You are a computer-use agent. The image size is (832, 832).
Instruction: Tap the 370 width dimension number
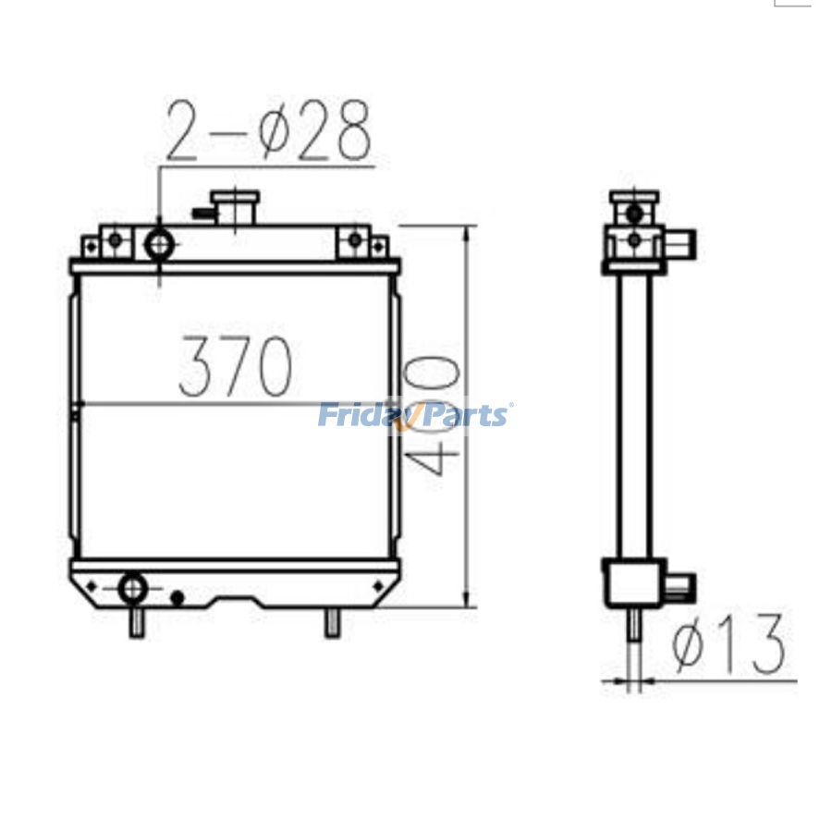236,367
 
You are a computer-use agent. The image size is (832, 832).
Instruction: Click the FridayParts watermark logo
413,415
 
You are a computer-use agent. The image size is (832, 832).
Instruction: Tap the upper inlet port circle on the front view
160,244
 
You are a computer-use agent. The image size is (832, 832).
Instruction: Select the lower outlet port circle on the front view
132,586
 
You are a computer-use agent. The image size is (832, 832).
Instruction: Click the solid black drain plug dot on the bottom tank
177,598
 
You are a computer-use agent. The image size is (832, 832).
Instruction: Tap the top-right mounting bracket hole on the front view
354,241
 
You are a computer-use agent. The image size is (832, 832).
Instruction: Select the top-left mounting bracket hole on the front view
115,241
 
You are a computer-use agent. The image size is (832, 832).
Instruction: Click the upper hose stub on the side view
684,245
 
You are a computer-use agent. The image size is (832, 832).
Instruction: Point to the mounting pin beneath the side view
634,624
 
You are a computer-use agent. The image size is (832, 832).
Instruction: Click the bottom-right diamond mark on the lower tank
376,584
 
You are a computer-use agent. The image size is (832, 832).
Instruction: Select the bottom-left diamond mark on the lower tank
92,584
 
